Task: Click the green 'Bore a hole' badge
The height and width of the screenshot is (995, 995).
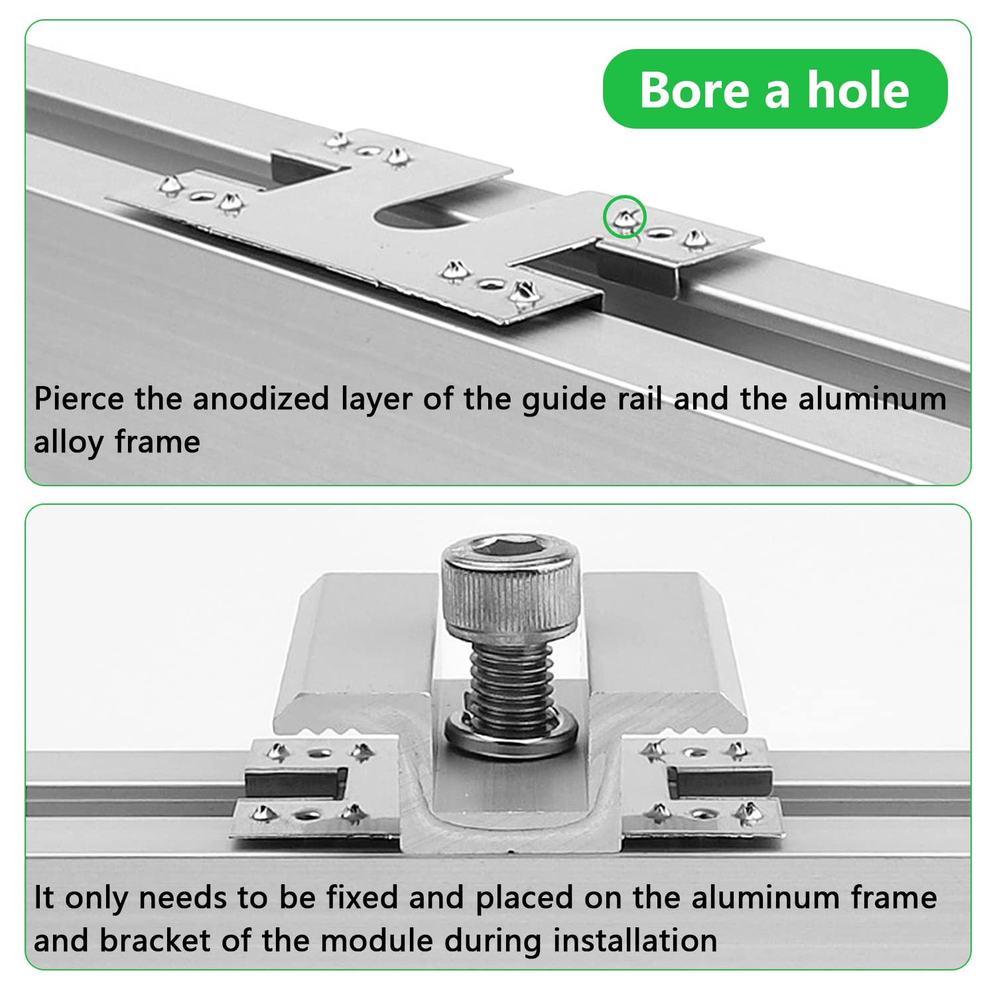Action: pyautogui.click(x=775, y=89)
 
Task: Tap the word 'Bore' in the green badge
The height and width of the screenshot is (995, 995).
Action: pyautogui.click(x=695, y=90)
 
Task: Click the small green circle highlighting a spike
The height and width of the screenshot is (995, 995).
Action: pyautogui.click(x=625, y=217)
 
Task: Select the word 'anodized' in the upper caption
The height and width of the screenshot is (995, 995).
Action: pyautogui.click(x=261, y=399)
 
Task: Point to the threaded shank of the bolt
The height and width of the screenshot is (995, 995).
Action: pyautogui.click(x=511, y=683)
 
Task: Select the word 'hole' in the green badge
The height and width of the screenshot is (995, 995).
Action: pyautogui.click(x=858, y=90)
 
